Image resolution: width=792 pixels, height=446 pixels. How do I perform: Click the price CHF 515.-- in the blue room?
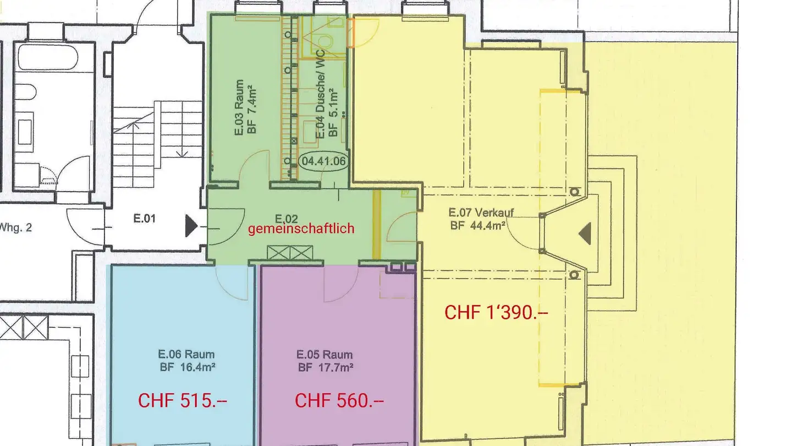pos(183,401)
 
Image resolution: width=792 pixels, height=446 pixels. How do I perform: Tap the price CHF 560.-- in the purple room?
pos(339,401)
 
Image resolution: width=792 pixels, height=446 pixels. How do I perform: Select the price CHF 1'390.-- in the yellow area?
pos(496,313)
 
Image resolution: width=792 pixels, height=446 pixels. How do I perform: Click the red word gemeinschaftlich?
pos(301,229)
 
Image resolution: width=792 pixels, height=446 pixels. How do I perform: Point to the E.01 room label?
pos(144,219)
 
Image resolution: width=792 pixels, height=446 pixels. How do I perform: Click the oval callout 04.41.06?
pos(323,161)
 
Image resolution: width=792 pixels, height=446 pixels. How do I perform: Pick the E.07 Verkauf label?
pos(481,213)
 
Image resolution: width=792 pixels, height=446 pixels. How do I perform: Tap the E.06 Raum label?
pos(186,354)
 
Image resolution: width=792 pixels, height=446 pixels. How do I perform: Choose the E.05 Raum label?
pos(324,355)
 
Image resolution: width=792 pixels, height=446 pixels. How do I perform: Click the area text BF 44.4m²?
pos(477,225)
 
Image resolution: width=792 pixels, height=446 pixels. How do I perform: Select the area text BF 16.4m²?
pos(188,367)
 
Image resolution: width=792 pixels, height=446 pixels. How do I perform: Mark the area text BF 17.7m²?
pos(326,367)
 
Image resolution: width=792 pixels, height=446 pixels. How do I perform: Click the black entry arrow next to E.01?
pos(191,226)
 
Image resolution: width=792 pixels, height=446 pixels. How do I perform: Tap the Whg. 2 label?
pos(16,227)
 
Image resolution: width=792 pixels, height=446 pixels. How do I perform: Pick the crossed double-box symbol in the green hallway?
pos(290,253)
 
